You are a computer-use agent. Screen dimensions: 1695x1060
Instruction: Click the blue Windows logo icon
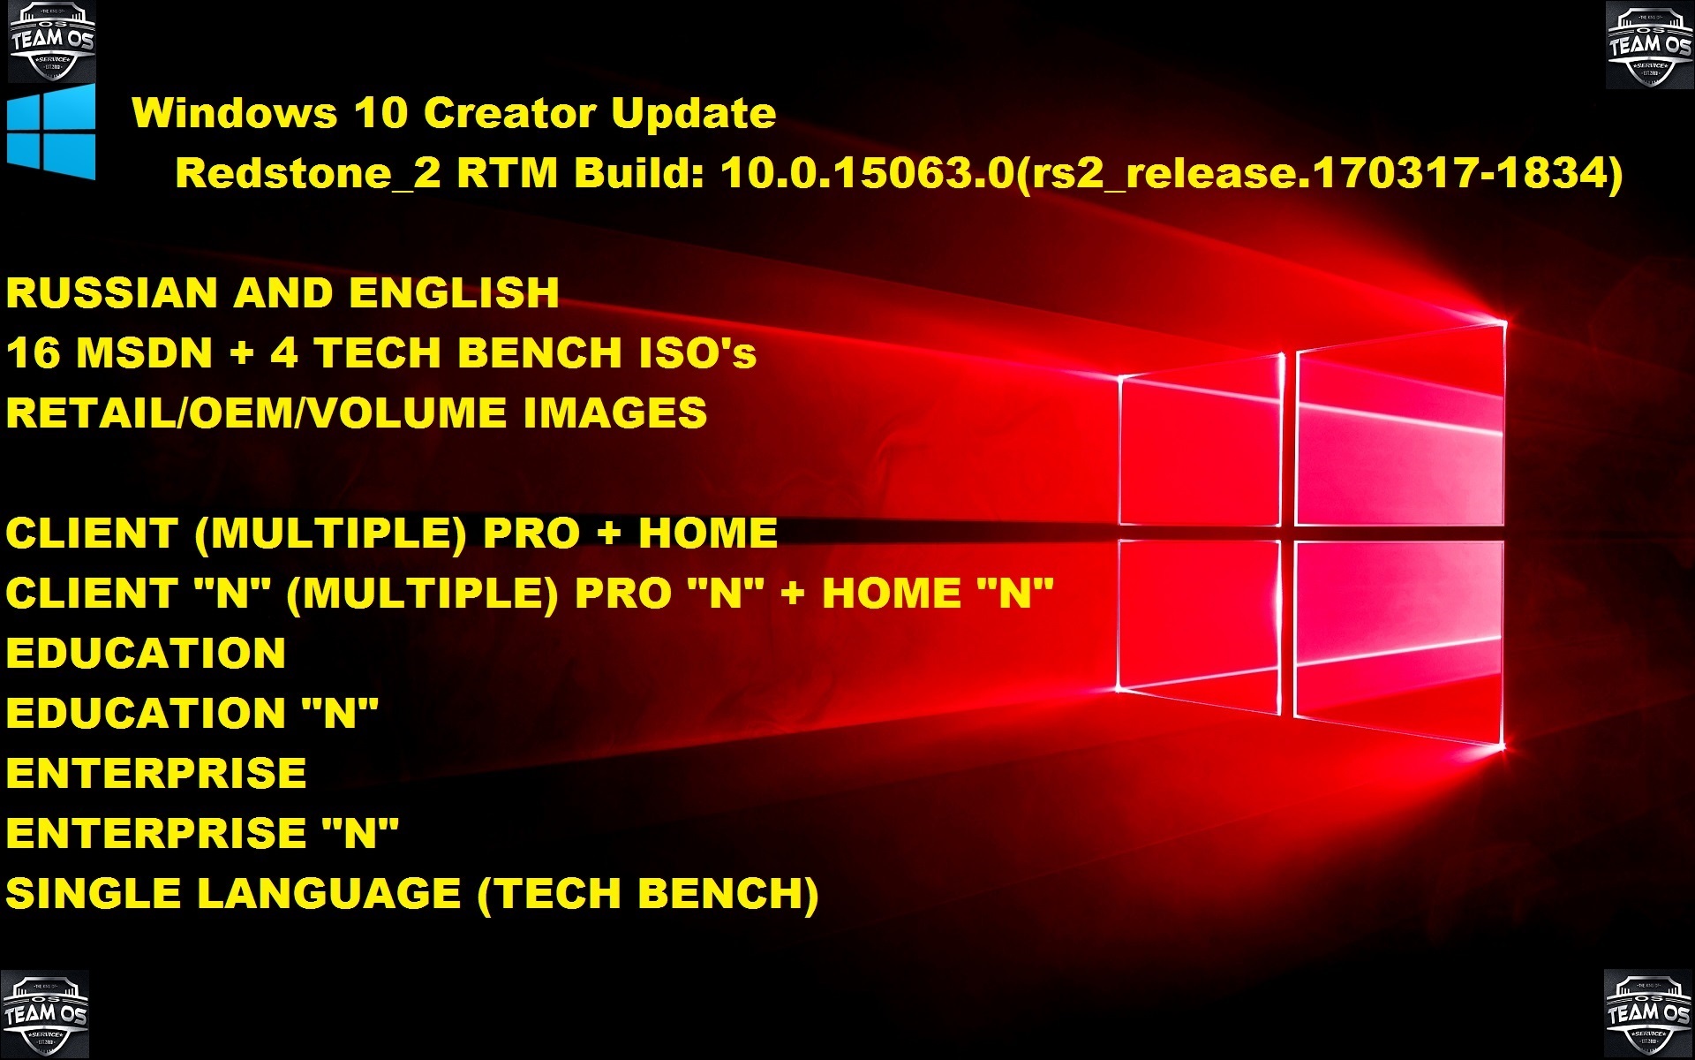click(x=51, y=132)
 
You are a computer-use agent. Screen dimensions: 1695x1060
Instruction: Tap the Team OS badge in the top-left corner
click(x=51, y=41)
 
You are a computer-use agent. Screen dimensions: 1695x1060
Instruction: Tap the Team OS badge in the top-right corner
click(x=1649, y=45)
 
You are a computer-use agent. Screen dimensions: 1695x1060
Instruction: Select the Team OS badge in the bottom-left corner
click(x=45, y=1013)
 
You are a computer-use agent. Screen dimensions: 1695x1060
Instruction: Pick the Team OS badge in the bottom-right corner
click(x=1647, y=1013)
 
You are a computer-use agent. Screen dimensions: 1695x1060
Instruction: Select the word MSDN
click(x=145, y=353)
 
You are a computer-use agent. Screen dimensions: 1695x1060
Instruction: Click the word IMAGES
click(x=615, y=413)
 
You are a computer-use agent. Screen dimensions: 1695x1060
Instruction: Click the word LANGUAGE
click(x=328, y=894)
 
